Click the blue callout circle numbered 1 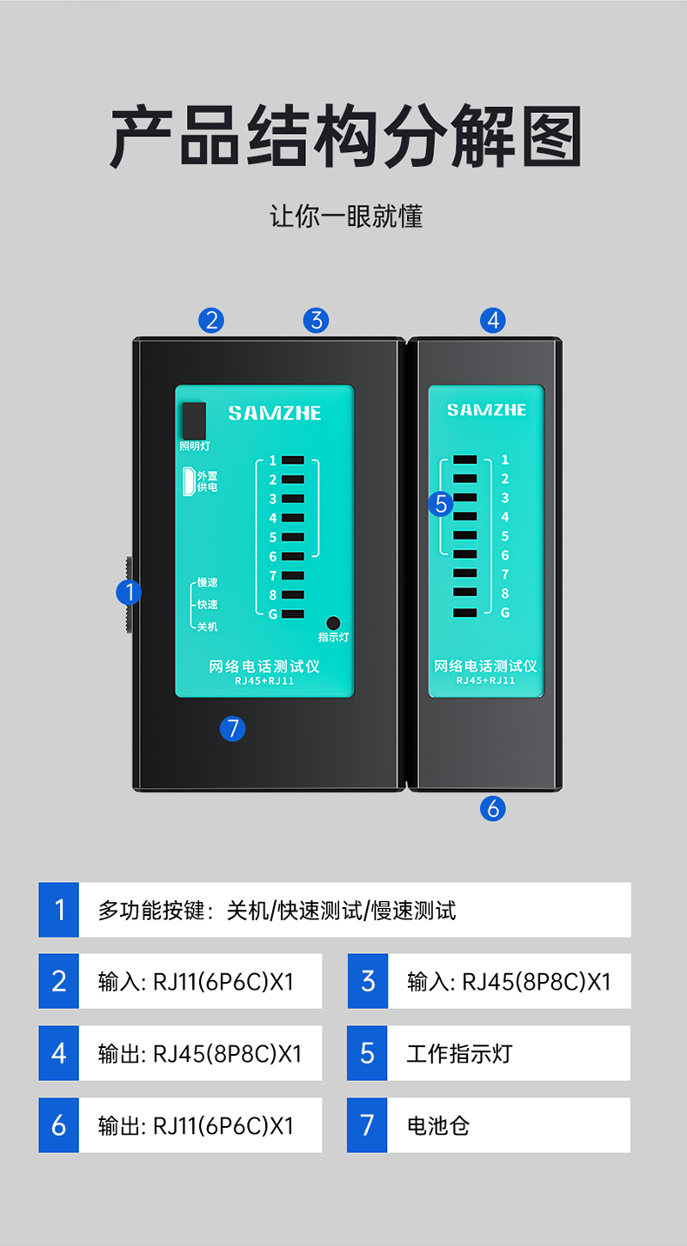(129, 593)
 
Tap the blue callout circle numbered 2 (211, 321)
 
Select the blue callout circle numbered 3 (317, 321)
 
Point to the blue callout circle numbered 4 (493, 321)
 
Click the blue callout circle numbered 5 (441, 504)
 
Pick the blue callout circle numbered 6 (493, 808)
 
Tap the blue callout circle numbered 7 (233, 729)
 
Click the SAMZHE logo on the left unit (275, 413)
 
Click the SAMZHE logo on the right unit (487, 410)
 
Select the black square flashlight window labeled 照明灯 (194, 421)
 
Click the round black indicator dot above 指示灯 (333, 623)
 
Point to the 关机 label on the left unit (207, 626)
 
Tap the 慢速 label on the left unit (207, 582)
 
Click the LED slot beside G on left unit (293, 614)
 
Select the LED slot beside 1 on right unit (465, 460)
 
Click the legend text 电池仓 (438, 1126)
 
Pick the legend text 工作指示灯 (459, 1054)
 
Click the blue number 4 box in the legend (58, 1053)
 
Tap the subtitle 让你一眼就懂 (346, 215)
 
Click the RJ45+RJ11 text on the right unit (485, 680)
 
